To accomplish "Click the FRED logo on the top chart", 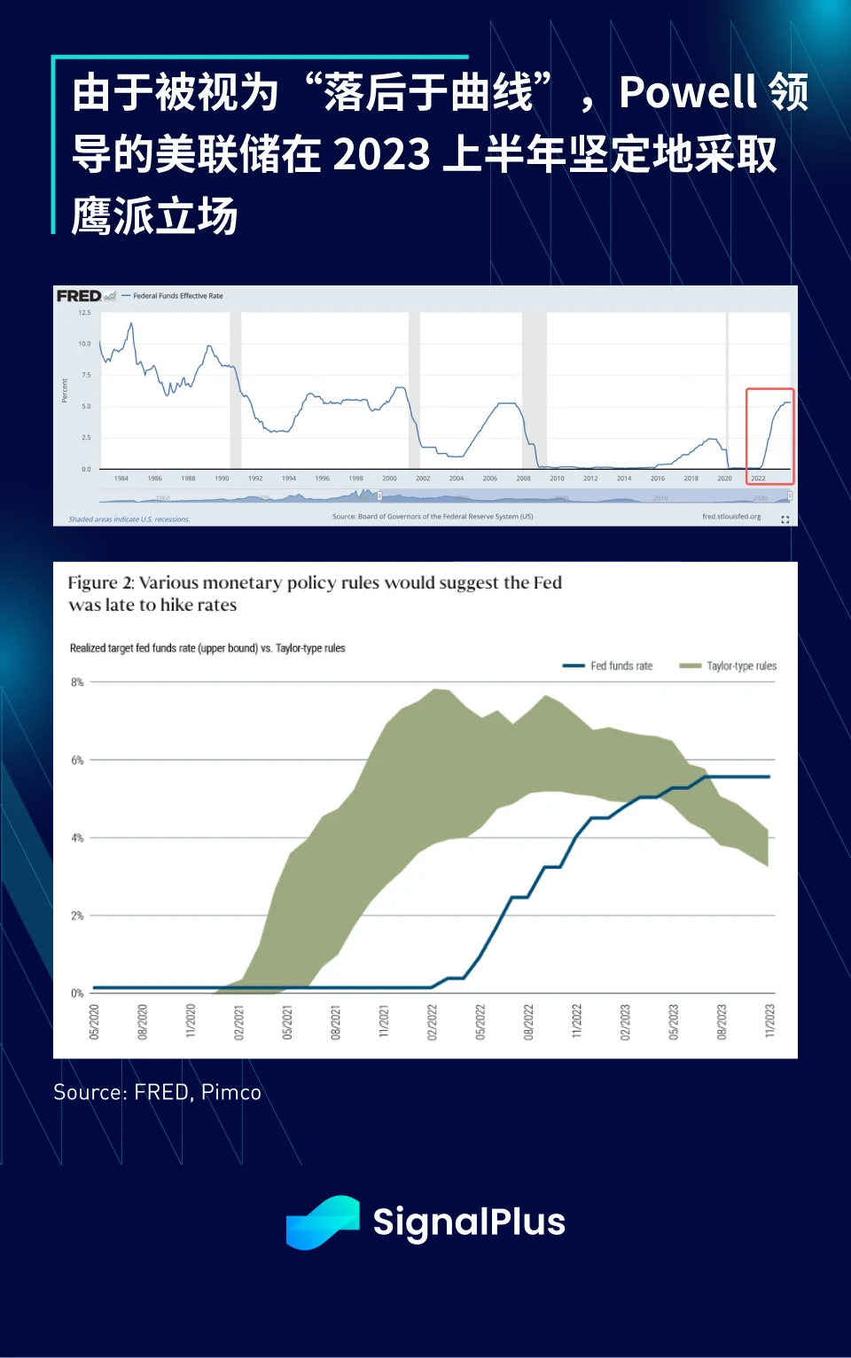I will pos(79,296).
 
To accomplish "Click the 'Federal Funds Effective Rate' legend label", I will pos(177,296).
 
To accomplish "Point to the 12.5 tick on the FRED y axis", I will pos(84,313).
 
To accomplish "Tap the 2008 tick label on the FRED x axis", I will pos(523,479).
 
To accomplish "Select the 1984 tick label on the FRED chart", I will pos(121,479).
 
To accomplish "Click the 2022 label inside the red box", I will pos(758,479).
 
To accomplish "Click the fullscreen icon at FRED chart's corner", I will pos(785,519).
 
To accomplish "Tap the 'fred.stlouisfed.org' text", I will pos(731,517).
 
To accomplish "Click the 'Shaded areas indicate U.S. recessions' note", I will pos(129,519).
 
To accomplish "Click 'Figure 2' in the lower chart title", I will pos(100,582).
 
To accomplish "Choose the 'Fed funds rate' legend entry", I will pos(621,666).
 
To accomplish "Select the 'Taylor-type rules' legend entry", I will pos(741,666).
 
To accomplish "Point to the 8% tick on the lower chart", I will pos(77,683).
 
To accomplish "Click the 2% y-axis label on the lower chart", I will pos(77,916).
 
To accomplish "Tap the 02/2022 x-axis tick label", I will pos(433,1021).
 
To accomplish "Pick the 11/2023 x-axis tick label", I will pos(769,1021).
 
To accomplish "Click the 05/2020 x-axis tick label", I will pos(95,1021).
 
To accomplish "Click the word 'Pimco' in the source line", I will pos(231,1092).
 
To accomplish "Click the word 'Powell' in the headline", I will pos(688,92).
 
